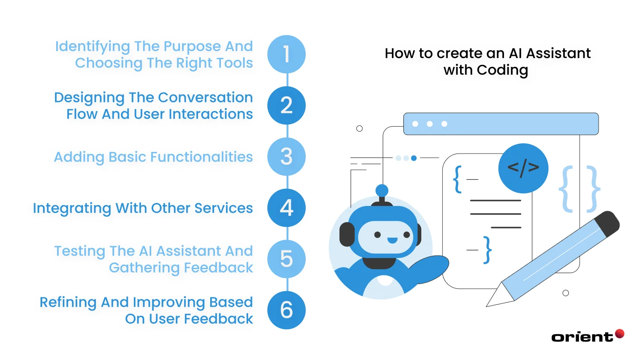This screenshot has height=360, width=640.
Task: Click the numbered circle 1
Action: coord(286,54)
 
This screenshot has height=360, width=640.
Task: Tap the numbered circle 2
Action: coord(286,105)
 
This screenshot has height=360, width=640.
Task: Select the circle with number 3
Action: coord(286,157)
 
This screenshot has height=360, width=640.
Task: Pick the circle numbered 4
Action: coord(286,208)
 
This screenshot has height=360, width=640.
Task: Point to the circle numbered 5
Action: coord(286,259)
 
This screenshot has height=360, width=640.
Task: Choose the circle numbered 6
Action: coord(286,310)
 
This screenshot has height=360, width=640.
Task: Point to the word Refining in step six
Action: coord(68,302)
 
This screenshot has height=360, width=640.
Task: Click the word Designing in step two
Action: coord(89,98)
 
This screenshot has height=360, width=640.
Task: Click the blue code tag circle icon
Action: coord(523,168)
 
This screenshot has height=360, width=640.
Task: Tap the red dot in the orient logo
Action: coord(620,334)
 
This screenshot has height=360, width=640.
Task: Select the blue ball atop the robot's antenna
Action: coord(382,191)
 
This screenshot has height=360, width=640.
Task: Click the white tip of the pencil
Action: coord(495,299)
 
